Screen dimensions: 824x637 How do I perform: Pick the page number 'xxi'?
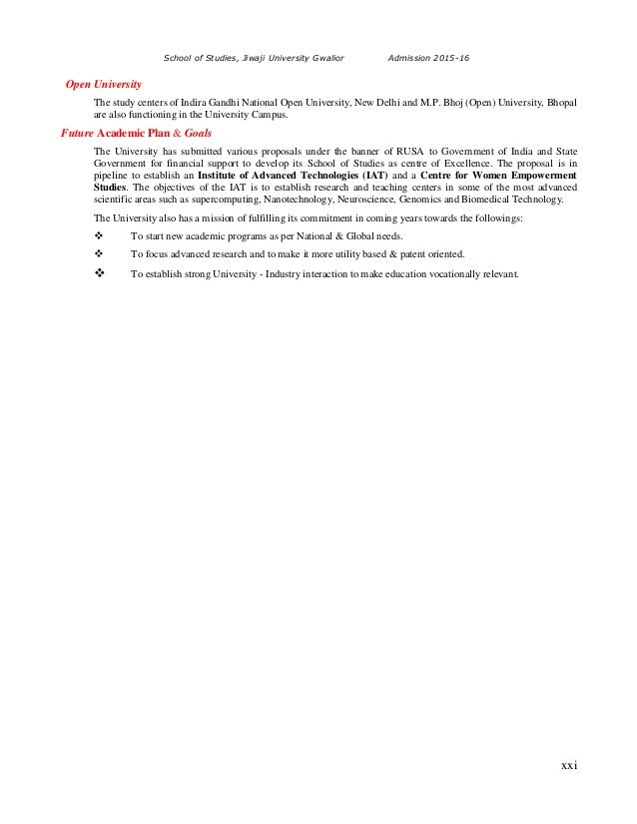tap(569, 765)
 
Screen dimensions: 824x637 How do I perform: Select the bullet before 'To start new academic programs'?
tap(99, 235)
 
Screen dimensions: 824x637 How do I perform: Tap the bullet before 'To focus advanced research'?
tap(99, 254)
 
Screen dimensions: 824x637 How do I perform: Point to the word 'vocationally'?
tap(457, 275)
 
